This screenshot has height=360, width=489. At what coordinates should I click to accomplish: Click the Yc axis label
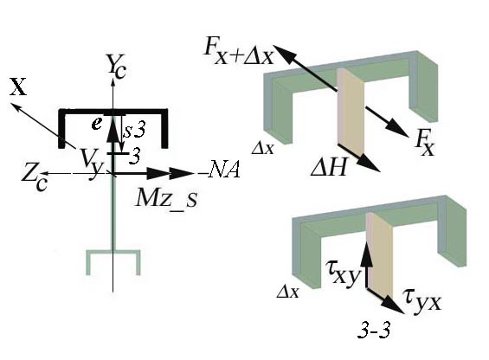(116, 66)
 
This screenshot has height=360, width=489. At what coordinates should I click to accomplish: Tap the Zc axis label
(35, 180)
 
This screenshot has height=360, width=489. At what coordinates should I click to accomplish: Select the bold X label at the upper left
(18, 87)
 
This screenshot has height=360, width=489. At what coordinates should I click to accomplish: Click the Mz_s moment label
(167, 199)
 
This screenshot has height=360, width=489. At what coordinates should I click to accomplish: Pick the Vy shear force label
(91, 162)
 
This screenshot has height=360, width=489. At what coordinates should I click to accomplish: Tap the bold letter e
(97, 124)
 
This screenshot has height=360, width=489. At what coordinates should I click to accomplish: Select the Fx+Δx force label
(239, 52)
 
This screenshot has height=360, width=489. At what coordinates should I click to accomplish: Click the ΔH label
(329, 168)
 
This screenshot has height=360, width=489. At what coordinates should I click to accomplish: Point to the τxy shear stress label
(343, 274)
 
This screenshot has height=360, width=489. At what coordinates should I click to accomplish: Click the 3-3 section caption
(374, 331)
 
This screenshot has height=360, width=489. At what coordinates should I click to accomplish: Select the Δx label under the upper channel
(262, 149)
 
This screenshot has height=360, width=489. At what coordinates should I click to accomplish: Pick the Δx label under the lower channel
(287, 292)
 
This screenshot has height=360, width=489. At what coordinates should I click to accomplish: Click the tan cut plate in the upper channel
(351, 112)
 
